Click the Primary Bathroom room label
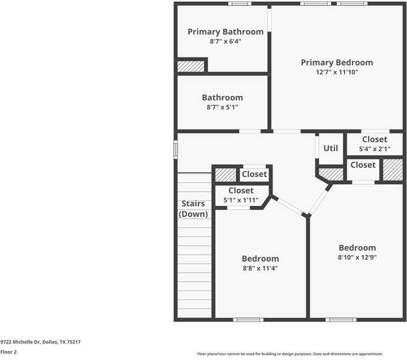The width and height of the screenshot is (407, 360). point(225,32)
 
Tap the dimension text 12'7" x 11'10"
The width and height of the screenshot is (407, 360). point(336,72)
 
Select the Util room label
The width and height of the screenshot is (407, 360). point(331,148)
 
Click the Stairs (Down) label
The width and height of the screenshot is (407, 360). point(194,209)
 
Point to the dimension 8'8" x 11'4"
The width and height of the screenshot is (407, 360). point(260,268)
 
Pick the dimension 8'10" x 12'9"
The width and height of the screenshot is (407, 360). point(357,257)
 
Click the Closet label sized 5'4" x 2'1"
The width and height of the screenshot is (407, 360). point(375,140)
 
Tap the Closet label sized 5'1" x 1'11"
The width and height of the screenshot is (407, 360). point(241,191)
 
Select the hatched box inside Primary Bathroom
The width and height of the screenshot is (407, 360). point(191,65)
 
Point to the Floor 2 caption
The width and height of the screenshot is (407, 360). point(9,352)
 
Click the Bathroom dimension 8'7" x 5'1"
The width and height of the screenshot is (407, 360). point(222,107)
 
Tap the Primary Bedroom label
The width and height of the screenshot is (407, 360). point(336,62)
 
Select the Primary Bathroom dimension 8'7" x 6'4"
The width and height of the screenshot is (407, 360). point(225,41)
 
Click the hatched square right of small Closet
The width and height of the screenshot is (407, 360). point(393,170)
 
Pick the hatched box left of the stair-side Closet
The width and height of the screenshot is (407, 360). point(226,175)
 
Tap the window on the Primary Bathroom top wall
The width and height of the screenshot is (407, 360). point(240,4)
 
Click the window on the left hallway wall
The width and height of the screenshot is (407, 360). point(176,149)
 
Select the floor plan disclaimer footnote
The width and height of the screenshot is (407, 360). point(290,354)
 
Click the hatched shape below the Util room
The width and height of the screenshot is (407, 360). point(330,174)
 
